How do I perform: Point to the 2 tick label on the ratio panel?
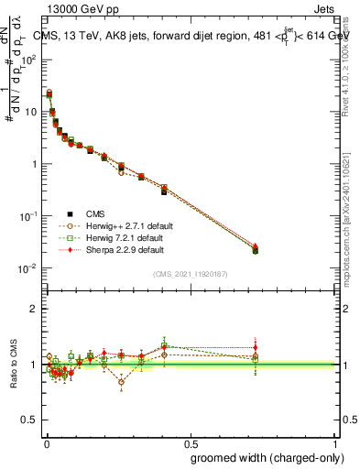click(34, 309)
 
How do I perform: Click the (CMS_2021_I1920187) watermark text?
click(190, 274)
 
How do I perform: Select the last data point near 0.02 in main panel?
click(255, 249)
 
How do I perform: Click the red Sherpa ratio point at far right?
click(255, 348)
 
